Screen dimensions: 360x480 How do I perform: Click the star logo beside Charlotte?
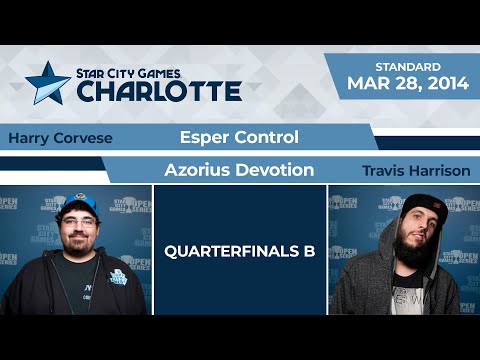(x=46, y=83)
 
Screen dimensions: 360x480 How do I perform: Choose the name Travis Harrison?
(x=417, y=171)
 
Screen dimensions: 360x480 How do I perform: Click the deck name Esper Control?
(x=239, y=136)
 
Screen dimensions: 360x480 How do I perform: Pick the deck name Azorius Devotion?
(x=239, y=171)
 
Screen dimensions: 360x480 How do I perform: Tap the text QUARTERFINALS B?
(x=239, y=251)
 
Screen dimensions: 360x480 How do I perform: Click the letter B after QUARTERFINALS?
(x=309, y=251)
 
